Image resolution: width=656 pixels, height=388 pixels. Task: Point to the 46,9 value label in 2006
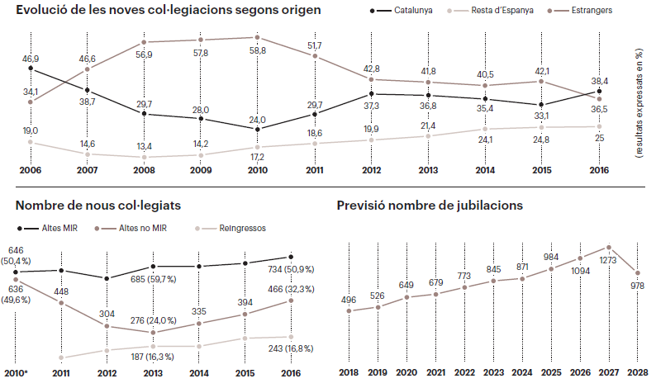[31, 59]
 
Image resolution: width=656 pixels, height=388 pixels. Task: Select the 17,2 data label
[258, 157]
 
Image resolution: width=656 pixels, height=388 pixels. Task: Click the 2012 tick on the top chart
[371, 170]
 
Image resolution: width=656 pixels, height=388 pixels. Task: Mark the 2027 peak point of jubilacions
[609, 246]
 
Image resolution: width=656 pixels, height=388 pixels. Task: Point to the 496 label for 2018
[349, 300]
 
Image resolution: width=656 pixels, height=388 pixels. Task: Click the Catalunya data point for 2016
[599, 92]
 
